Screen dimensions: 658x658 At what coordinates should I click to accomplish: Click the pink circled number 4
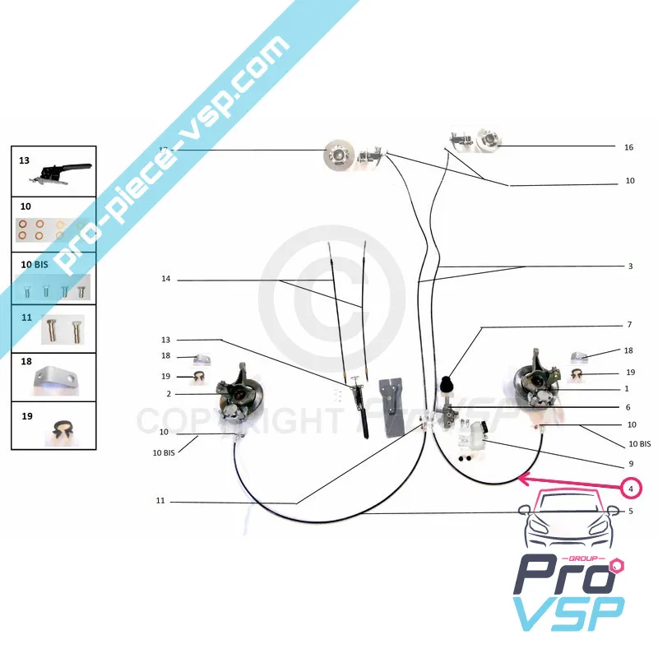click(x=631, y=489)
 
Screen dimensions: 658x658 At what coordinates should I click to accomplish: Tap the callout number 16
click(x=629, y=148)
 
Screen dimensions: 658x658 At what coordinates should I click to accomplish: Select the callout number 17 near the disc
click(x=164, y=149)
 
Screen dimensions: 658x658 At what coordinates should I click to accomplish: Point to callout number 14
click(x=166, y=280)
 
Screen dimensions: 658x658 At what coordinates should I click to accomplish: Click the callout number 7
click(x=629, y=324)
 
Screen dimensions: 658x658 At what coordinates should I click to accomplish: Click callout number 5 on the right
click(x=629, y=511)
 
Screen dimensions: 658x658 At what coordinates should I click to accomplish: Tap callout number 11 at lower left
click(x=161, y=501)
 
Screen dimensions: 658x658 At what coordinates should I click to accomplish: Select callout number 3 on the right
click(x=629, y=266)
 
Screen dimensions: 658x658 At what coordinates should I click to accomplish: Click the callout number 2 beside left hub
click(x=168, y=394)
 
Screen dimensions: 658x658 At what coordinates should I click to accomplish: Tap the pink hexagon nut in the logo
click(x=619, y=568)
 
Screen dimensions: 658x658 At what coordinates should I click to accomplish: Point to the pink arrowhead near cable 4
click(x=523, y=478)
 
